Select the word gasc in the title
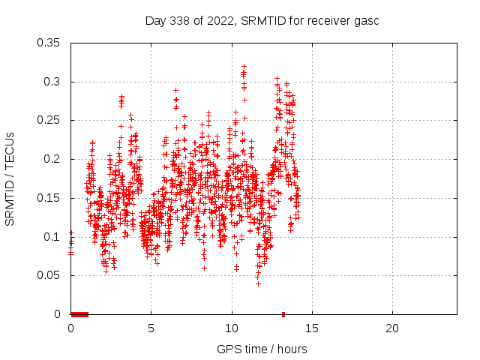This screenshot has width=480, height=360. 367,20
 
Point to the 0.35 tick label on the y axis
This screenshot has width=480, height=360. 49,43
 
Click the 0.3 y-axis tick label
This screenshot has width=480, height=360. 52,82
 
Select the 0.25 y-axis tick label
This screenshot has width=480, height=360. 49,120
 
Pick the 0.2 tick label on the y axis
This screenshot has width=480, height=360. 52,159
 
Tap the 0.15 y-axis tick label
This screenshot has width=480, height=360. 49,198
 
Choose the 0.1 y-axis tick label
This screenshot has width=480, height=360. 52,237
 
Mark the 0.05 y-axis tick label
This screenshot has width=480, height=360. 49,275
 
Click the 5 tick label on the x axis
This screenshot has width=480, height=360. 151,328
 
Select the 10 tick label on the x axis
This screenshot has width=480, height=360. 231,328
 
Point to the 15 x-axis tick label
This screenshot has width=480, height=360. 311,328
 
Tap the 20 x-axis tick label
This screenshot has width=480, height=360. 391,328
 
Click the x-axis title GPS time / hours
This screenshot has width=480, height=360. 262,349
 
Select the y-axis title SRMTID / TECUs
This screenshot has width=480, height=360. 10,178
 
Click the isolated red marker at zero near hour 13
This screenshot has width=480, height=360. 283,314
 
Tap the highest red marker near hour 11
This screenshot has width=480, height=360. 244,66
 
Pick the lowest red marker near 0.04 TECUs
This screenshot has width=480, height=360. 258,283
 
